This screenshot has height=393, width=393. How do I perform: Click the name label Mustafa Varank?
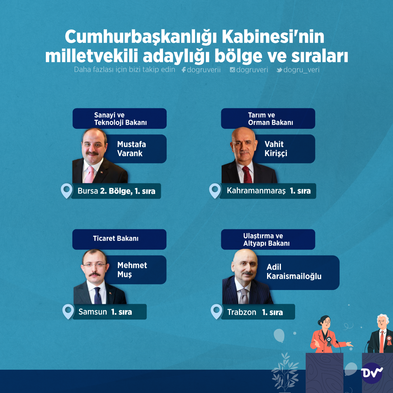coord(131,148)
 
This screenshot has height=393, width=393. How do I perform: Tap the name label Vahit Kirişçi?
coord(275,148)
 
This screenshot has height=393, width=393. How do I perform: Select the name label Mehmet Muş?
coord(132,270)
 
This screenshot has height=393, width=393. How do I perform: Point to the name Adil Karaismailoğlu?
coord(294,271)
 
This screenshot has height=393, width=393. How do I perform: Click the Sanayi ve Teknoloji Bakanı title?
coord(120,119)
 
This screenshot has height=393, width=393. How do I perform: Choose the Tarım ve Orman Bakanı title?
coord(270,119)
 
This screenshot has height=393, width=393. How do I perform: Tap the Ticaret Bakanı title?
coord(116,238)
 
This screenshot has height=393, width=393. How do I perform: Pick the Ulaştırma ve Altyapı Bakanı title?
coord(266,239)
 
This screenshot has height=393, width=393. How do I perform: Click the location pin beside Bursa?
coord(67,191)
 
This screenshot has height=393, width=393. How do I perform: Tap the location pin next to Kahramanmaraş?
coord(215,191)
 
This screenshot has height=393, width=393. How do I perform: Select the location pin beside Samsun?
coord(68,311)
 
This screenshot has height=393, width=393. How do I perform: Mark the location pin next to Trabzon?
coord(217,311)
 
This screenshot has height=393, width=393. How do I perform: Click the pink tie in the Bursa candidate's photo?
coord(89,174)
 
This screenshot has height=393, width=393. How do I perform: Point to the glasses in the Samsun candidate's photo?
coord(95,265)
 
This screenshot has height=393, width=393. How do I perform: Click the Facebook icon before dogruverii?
coord(184,70)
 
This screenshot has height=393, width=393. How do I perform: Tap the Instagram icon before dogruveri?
coord(232,70)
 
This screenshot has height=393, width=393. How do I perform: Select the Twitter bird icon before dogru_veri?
coord(279,70)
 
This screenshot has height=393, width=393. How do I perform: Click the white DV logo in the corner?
coord(372,373)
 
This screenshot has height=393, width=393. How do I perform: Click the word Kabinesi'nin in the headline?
coord(273,37)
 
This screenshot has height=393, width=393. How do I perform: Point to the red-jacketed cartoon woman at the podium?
coord(326,334)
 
